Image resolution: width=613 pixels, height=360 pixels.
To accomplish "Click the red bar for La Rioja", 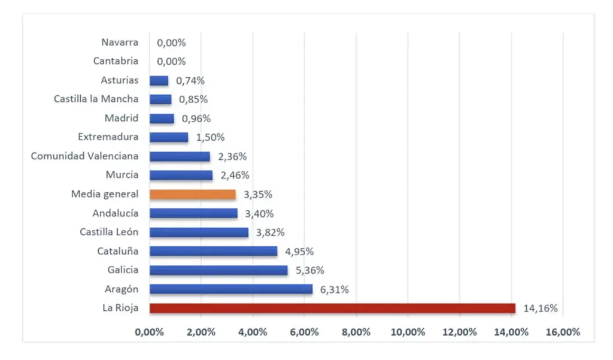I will click(332, 308).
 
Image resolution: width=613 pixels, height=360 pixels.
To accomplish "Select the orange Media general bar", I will click(193, 194).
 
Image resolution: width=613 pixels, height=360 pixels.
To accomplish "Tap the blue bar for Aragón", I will click(231, 289).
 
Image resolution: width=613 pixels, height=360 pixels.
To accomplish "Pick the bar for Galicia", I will click(219, 270).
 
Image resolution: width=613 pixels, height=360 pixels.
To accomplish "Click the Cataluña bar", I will click(213, 251).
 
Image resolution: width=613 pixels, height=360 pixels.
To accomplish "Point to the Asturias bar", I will click(159, 80).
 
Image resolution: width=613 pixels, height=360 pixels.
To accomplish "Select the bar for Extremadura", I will click(169, 137).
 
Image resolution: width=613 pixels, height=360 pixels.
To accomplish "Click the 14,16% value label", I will click(541, 309).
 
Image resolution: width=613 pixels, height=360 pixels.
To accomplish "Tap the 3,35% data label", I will click(258, 195).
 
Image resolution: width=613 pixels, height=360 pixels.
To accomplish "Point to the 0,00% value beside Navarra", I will click(171, 43).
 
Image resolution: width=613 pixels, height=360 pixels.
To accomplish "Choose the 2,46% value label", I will click(234, 176).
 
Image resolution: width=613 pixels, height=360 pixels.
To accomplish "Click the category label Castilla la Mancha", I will click(96, 99).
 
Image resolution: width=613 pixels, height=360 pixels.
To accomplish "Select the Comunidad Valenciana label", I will click(84, 156).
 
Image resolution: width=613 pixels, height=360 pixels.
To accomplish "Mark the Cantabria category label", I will click(116, 61).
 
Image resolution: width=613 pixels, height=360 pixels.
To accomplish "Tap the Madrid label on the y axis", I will click(122, 118).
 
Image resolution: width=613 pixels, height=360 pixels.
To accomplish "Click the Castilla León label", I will click(109, 232).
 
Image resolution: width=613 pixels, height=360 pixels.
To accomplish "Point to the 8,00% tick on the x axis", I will click(356, 332).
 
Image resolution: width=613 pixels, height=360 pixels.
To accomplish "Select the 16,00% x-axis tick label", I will click(563, 332).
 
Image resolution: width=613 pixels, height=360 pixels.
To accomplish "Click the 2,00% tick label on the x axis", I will click(201, 332).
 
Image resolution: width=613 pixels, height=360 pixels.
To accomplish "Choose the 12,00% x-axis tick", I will click(459, 332).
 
